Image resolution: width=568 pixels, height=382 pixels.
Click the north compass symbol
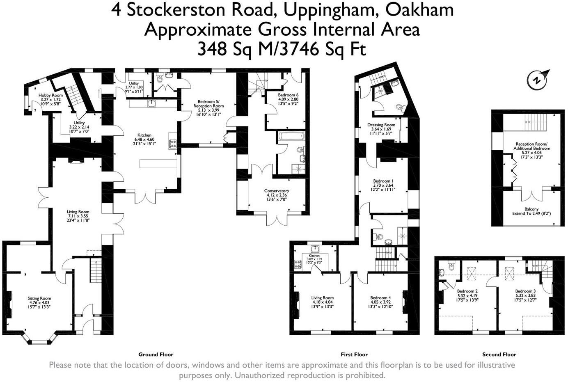coord(537,79)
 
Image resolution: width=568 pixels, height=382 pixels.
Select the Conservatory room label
coord(277,191)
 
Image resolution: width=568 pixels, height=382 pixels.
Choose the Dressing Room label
coord(381,125)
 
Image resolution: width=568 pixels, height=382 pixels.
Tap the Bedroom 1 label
coord(383,181)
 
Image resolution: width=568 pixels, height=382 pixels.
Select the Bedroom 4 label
coord(380,298)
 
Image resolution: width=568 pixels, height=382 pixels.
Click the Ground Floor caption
coord(156,355)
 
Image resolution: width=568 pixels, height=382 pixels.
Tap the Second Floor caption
coord(499,355)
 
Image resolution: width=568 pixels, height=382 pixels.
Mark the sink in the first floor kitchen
coord(315,249)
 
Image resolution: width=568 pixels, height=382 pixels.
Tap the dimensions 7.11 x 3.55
coord(78,216)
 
